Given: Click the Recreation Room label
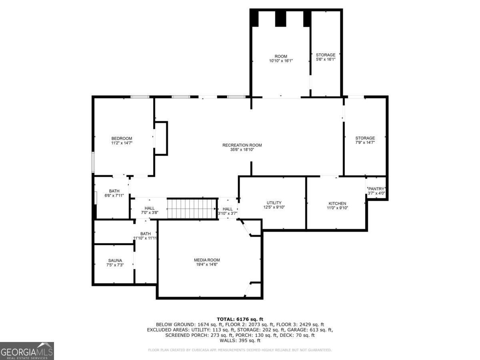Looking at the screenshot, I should [242, 145].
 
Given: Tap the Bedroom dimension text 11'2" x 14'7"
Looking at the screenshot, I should [122, 143].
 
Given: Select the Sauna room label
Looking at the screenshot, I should [114, 260].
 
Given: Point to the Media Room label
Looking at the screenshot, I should [207, 260].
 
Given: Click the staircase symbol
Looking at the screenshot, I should [192, 208].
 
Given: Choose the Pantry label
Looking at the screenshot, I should [376, 189].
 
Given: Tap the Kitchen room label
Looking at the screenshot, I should [337, 203].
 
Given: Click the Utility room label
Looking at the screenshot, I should [274, 203].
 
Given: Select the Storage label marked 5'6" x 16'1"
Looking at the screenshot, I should [326, 55].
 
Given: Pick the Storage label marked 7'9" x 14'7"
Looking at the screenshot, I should [365, 138].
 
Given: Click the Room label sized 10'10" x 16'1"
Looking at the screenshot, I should [280, 56].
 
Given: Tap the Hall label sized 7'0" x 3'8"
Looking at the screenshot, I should [150, 208].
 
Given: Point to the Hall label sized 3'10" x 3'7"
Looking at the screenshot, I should [227, 209].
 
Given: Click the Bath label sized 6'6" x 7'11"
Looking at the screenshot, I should [114, 191].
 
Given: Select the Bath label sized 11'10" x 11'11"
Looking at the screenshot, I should [145, 234].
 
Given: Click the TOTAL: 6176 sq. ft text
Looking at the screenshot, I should [240, 319].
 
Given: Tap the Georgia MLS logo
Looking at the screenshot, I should [27, 351].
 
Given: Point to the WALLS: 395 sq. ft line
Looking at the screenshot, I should [240, 340].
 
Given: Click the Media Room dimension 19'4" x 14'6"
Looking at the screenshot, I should [207, 265].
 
